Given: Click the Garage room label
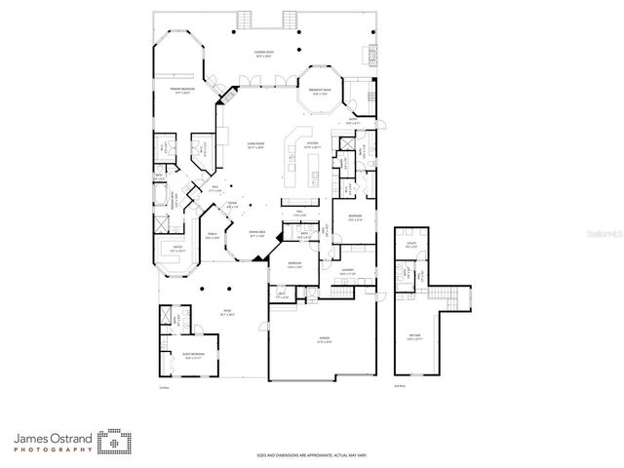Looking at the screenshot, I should click(324, 340).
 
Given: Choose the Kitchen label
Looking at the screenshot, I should click(312, 144).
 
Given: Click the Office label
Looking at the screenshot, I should click(177, 250).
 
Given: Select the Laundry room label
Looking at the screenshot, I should click(346, 273).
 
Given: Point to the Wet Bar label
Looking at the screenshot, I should click(415, 337).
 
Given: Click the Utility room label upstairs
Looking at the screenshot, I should click(410, 246).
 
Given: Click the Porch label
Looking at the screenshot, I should click(213, 235).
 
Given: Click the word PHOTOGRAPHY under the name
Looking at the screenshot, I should click(55, 449).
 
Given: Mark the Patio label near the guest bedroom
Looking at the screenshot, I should click(225, 314).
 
